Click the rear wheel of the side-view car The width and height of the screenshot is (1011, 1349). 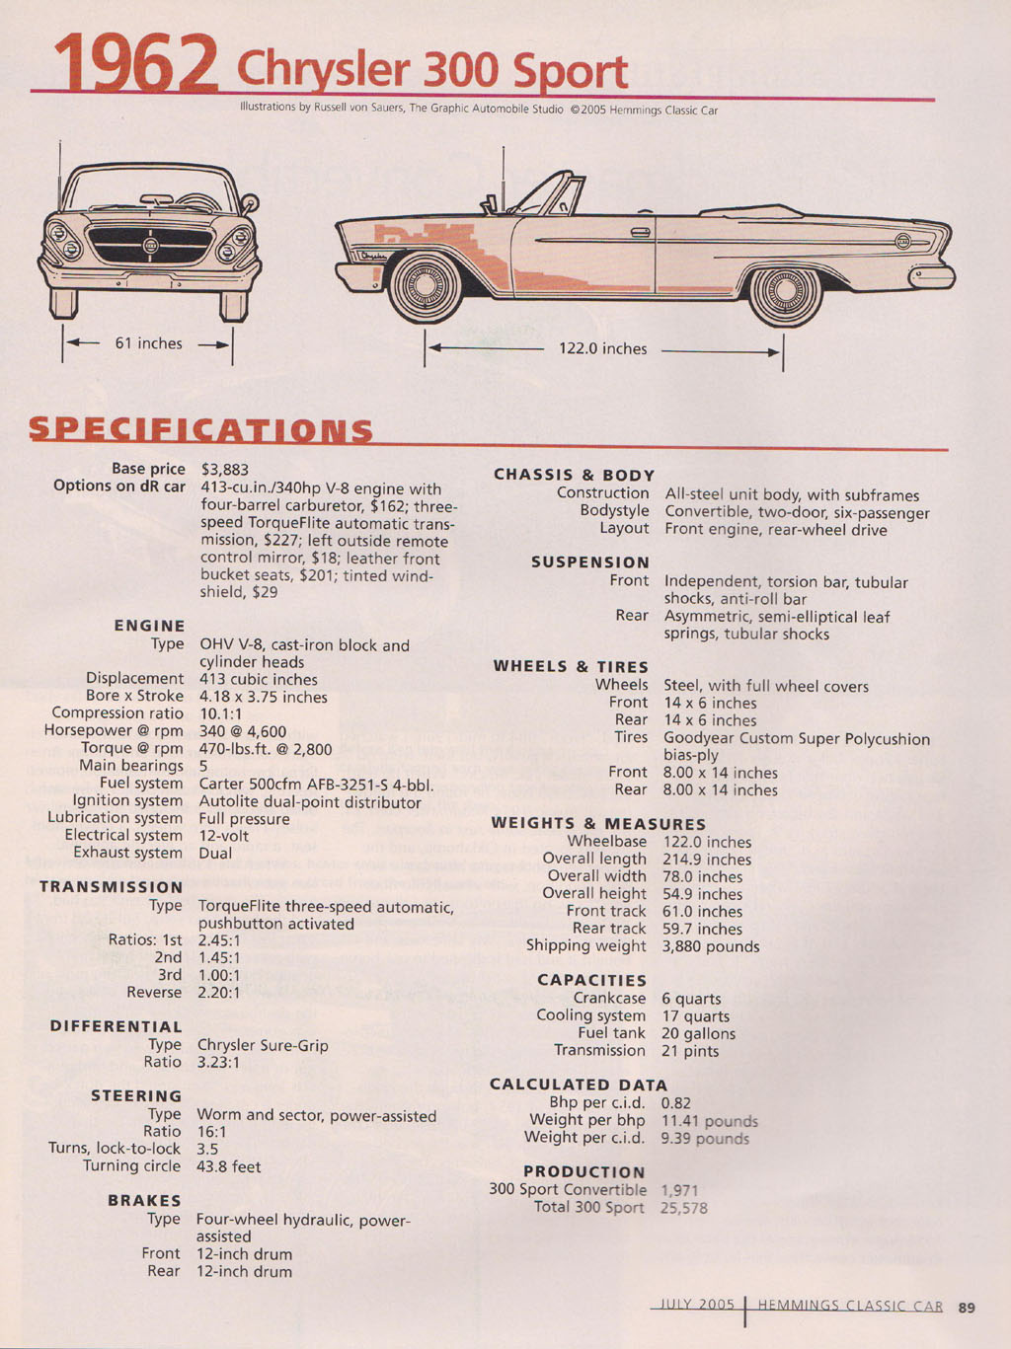(785, 289)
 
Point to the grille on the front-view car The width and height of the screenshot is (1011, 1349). (151, 245)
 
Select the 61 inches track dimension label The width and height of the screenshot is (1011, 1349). (149, 343)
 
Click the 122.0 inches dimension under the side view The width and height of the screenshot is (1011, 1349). (602, 348)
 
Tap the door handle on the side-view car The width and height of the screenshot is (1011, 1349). (641, 232)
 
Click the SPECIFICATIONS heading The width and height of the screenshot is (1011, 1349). (200, 429)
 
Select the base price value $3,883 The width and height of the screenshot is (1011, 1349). (225, 470)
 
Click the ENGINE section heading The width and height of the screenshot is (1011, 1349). (149, 626)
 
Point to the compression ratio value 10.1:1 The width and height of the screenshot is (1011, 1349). (220, 714)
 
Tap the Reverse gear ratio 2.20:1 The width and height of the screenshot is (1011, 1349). (219, 993)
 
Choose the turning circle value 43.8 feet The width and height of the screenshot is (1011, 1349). (229, 1166)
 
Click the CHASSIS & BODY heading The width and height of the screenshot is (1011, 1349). (574, 475)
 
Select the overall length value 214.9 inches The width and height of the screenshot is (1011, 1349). (707, 860)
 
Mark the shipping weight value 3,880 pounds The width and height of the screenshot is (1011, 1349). (711, 946)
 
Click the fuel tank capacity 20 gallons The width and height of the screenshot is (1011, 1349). (698, 1034)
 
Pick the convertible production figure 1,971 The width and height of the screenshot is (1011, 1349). (679, 1190)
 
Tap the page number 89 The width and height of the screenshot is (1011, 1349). (967, 1308)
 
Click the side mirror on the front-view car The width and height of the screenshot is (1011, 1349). (250, 201)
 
